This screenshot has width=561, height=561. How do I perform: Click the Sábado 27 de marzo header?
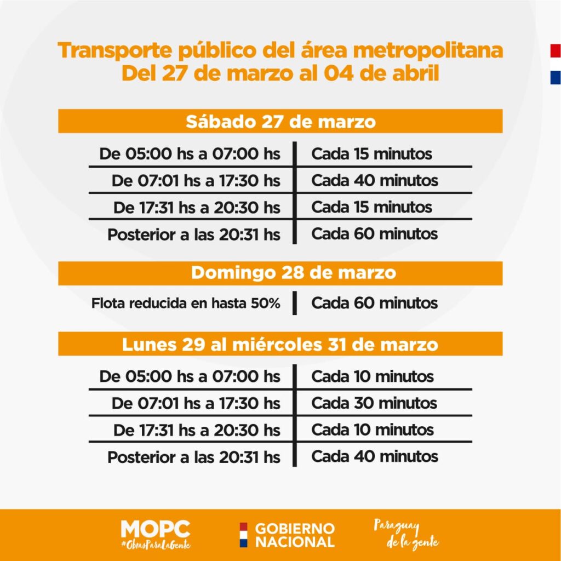pos(280,121)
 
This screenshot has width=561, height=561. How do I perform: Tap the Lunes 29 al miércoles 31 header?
pos(280,345)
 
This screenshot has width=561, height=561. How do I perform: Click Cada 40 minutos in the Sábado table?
pos(375,180)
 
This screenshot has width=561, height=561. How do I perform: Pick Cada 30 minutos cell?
pos(374,403)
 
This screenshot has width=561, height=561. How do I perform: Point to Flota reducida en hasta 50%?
pos(186,303)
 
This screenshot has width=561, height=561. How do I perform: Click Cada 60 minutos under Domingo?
pos(375,303)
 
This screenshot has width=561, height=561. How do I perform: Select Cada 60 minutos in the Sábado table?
pos(375,234)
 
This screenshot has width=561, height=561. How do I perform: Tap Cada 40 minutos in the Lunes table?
pos(375,456)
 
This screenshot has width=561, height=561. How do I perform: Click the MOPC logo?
pos(156,529)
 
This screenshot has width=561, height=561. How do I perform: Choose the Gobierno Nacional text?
pos(295,535)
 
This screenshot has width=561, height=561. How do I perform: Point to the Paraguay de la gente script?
pos(406,535)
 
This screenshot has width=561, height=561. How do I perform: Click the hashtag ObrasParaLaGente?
pos(156,545)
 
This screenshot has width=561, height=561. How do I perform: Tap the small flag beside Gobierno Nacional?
pos(244,535)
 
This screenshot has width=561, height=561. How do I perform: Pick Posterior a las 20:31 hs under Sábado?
pos(194,234)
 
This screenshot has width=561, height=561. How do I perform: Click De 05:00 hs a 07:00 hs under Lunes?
pos(190,376)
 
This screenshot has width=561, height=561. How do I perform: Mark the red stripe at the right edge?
pos(556,51)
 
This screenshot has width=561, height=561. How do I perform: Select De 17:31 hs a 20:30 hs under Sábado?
pos(197,208)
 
